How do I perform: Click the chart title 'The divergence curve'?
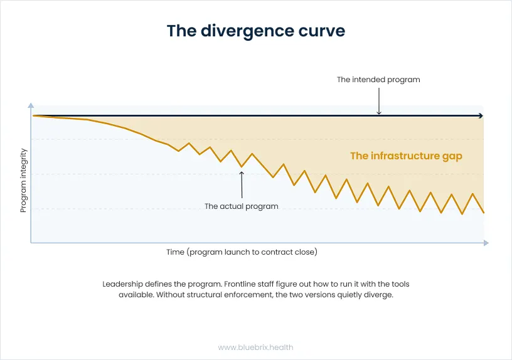(x=256, y=31)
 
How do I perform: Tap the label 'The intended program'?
(x=378, y=80)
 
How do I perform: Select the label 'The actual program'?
(x=242, y=206)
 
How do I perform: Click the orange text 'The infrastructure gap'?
(x=406, y=156)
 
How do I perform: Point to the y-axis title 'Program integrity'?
(x=23, y=181)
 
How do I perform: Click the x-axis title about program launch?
(x=242, y=252)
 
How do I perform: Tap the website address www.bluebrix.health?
(x=255, y=347)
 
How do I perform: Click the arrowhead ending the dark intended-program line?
(x=481, y=115)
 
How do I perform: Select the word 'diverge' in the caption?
(x=378, y=295)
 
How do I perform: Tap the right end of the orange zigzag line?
(x=484, y=213)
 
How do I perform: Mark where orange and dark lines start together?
(x=34, y=115)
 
